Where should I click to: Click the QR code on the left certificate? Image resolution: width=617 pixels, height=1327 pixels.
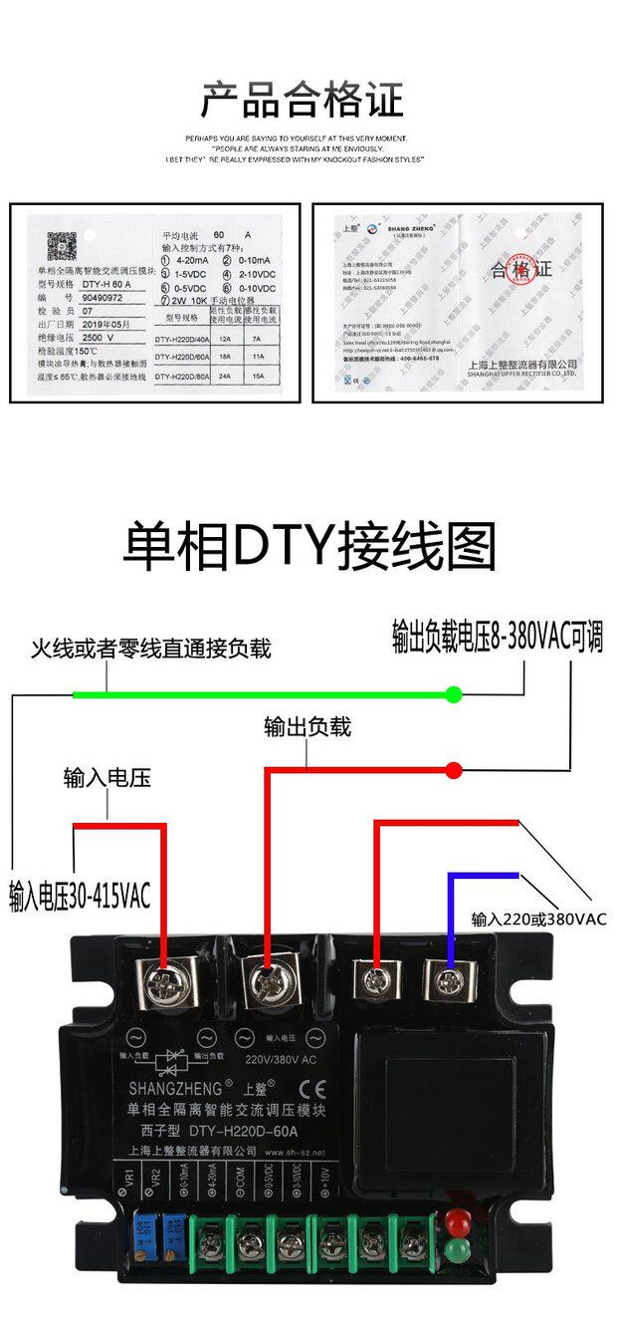(62, 243)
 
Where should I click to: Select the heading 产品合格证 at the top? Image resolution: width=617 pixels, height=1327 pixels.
(303, 101)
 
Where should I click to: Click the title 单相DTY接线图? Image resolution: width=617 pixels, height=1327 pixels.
(308, 546)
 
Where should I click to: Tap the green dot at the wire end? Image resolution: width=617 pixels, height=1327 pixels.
(454, 694)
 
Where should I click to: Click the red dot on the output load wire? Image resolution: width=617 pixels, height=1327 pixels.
(454, 770)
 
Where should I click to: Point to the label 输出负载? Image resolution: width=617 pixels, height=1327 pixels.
(308, 727)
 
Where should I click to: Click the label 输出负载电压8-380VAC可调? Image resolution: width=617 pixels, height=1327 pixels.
(498, 638)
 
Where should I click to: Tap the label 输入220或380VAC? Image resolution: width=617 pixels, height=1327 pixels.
(538, 919)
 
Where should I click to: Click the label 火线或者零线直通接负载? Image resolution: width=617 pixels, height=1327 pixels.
(150, 650)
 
